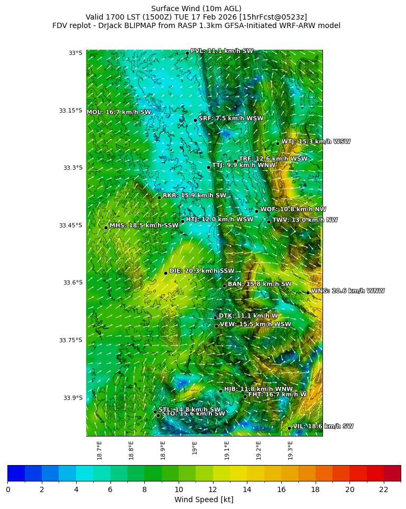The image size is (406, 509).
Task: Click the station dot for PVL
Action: tap(187, 53)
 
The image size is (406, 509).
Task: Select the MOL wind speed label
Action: tap(119, 112)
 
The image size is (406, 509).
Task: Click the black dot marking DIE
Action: tap(165, 273)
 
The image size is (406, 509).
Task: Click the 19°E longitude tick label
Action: tap(195, 448)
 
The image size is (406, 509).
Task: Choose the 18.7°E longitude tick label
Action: tap(99, 450)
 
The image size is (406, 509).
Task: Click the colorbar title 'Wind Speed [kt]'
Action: tap(204, 499)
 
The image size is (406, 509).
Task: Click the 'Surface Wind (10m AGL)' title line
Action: tap(196, 8)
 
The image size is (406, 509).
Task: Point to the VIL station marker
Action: tap(290, 428)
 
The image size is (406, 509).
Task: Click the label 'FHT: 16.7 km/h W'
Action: tap(277, 394)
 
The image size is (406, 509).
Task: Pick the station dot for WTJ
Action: tap(278, 143)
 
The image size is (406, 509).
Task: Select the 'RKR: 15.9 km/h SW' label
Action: tap(194, 195)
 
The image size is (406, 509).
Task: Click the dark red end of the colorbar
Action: tap(392, 473)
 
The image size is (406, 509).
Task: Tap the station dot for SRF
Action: tap(195, 120)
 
